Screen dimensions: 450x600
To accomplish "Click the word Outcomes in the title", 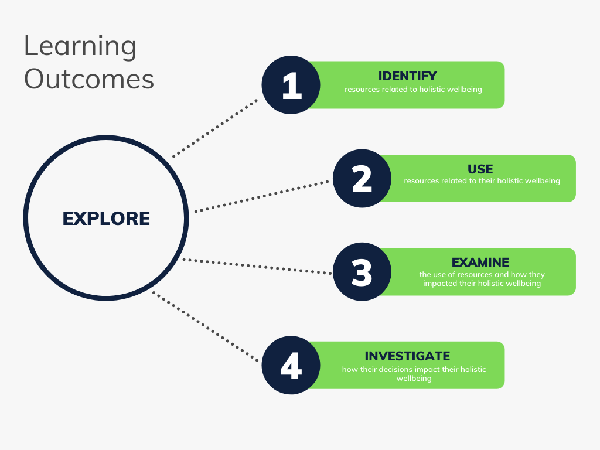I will [89, 80].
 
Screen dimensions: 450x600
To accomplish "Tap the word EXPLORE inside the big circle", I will [106, 219].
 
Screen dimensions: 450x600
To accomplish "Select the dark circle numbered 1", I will [291, 85].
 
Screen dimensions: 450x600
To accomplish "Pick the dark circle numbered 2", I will [362, 179].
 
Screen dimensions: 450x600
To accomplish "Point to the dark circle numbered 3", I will [362, 272].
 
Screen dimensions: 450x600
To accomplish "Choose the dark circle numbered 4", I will [291, 365].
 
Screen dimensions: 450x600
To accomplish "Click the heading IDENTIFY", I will [408, 76].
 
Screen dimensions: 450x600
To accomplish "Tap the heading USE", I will [480, 169].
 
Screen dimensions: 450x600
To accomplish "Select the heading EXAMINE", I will [480, 262].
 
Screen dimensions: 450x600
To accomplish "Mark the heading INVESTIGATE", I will [407, 356].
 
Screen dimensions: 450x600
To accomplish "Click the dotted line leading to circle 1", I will [216, 128].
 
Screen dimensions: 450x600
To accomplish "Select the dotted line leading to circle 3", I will [258, 266].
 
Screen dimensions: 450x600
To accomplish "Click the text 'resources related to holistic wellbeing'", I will [413, 90].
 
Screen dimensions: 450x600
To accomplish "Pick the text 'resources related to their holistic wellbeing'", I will [482, 181].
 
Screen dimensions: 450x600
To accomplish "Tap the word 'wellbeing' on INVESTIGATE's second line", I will [414, 379].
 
